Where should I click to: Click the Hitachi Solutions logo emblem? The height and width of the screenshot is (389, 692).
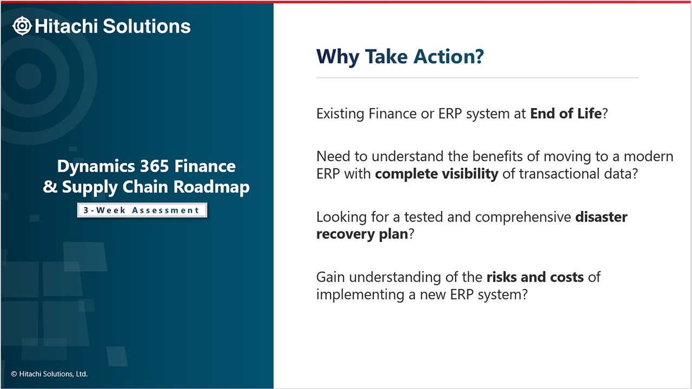[22, 26]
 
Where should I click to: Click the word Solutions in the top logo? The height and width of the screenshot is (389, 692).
[147, 26]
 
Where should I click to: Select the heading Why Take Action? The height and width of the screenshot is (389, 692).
[400, 57]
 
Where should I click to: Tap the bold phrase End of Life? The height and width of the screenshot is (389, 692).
[566, 113]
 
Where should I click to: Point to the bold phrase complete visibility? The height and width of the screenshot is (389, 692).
[436, 174]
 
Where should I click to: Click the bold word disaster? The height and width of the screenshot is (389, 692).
[601, 217]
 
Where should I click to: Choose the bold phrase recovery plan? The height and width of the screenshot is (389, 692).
[362, 234]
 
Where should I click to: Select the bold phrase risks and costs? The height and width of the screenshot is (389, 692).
[535, 277]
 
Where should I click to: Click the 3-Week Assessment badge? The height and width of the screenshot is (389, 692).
[142, 210]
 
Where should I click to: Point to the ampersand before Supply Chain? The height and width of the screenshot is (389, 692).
[50, 187]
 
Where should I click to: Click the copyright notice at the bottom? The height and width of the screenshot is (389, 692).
[49, 374]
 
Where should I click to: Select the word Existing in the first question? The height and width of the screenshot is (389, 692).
[341, 114]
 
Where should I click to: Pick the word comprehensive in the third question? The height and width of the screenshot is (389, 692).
[523, 217]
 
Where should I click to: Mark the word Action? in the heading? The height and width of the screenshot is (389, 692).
[449, 57]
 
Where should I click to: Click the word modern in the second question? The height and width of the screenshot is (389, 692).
[648, 157]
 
